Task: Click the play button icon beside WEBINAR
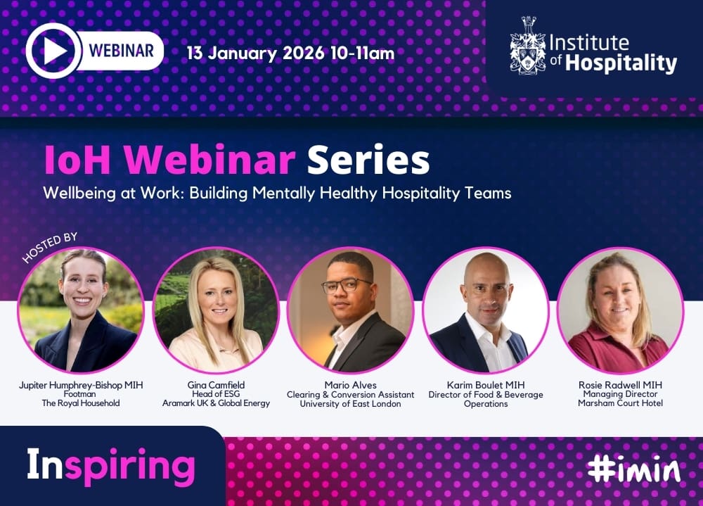point(54,51)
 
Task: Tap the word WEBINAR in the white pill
point(121,50)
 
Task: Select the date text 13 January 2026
point(255,53)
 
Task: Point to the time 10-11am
point(362,53)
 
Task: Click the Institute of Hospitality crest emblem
point(528,45)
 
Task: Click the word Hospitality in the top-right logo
point(621,63)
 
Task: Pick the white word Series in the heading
point(368,160)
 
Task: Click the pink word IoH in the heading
point(77,160)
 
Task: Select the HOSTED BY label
point(50,247)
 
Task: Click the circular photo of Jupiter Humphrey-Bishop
point(81,310)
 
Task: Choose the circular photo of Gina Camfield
point(216,310)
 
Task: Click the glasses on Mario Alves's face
point(347,285)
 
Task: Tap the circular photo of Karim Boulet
point(486,310)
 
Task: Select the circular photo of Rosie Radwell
point(621,310)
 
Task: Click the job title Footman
point(80,394)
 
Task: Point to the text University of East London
point(351,404)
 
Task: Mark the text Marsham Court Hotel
point(621,403)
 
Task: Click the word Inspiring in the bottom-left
point(111,466)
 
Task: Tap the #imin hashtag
point(633,469)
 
